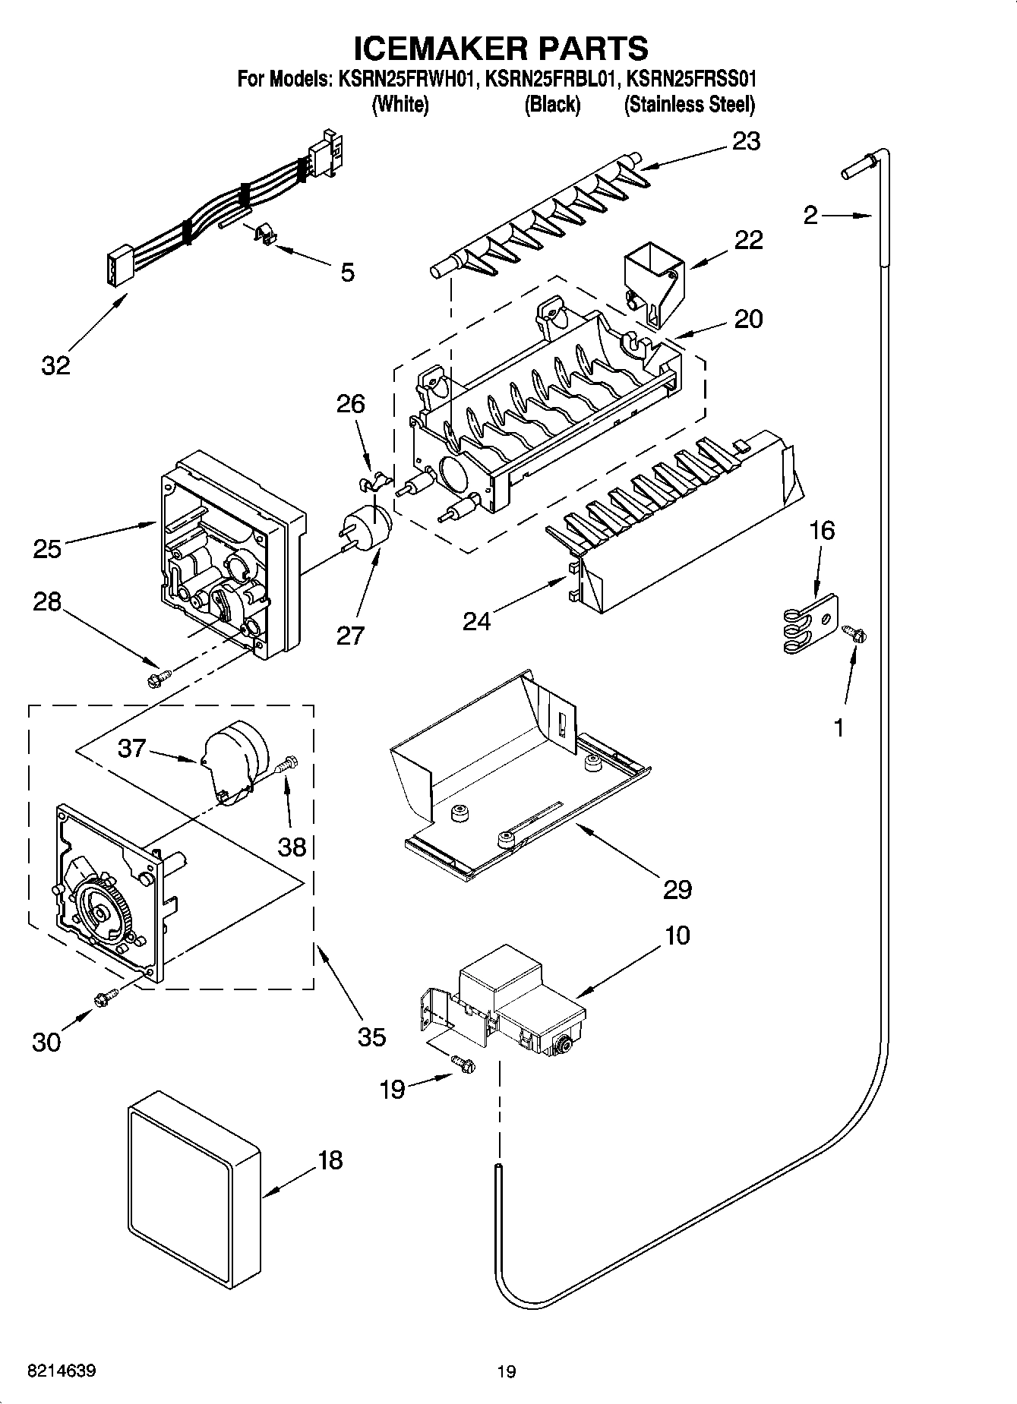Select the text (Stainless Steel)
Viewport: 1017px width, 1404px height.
pos(689,105)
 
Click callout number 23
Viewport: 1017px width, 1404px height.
pos(745,141)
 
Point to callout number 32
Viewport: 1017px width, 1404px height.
pos(55,365)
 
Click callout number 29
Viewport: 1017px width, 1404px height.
pos(677,889)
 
